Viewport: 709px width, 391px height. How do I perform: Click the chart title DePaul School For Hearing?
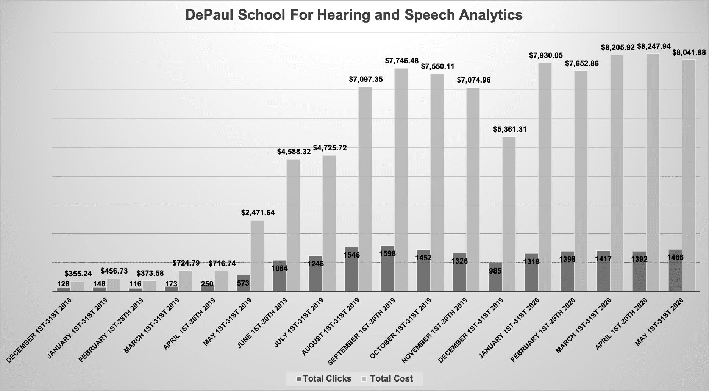click(354, 15)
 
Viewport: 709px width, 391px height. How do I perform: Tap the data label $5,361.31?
click(509, 129)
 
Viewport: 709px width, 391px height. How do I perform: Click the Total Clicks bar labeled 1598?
click(387, 269)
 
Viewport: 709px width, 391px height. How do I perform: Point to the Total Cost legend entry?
click(388, 378)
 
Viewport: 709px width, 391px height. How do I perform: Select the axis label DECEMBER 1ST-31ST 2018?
click(40, 330)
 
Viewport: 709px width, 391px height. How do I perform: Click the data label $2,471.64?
click(258, 213)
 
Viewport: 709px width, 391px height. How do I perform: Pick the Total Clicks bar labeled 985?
click(495, 277)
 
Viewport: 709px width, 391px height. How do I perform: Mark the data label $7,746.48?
click(402, 60)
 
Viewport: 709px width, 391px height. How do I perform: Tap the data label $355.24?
click(78, 273)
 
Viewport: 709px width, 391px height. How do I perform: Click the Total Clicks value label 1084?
click(280, 268)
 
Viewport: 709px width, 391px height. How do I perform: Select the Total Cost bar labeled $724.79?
click(185, 281)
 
